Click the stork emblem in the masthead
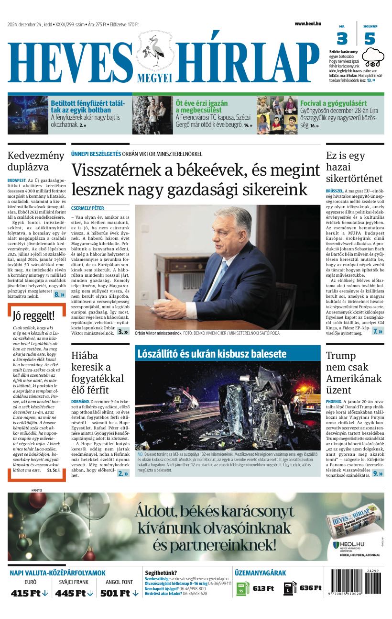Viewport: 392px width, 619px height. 155,52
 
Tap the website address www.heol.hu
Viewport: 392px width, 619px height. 307,23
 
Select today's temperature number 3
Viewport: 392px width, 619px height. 342,38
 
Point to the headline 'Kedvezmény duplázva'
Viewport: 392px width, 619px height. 35,161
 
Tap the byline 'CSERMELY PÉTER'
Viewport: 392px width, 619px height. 87,208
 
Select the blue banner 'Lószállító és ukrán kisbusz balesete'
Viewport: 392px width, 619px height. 212,354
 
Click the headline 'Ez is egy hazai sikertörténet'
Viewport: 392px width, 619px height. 354,167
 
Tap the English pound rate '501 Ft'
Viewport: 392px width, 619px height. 119,593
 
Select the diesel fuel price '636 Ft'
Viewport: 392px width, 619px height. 310,588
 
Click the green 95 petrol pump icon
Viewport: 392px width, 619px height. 243,588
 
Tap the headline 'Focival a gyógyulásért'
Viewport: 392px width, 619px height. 333,103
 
